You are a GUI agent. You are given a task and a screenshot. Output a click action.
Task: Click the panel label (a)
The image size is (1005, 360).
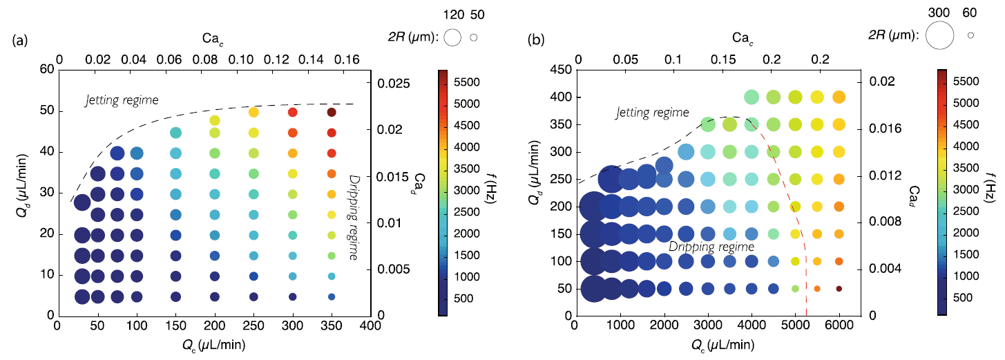point(20,40)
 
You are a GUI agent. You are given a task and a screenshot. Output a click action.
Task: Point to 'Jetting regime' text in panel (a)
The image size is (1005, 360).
point(122,100)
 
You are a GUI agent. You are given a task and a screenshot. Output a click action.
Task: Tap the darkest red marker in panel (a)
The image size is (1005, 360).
point(332,112)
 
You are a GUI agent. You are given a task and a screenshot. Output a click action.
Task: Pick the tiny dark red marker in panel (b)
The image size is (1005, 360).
point(839,288)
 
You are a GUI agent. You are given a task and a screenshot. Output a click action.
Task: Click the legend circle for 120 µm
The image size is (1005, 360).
point(452,38)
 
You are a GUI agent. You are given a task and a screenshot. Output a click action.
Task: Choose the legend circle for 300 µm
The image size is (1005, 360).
point(939,35)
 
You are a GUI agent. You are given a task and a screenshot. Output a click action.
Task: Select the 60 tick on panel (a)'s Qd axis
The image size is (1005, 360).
point(47,69)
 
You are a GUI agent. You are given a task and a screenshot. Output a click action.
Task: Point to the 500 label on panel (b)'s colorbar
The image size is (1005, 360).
point(968,297)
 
